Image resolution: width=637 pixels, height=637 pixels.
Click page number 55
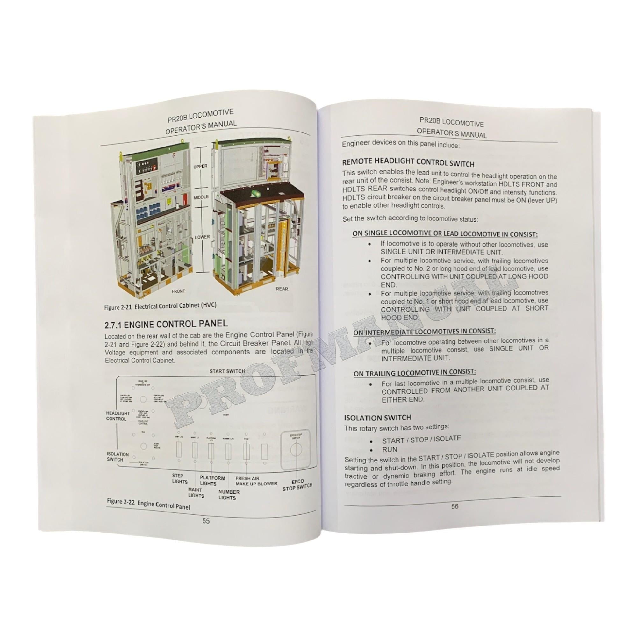coord(206,521)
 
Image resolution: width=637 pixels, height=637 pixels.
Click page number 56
coord(455,506)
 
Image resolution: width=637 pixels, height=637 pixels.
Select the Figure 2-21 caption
coord(160,306)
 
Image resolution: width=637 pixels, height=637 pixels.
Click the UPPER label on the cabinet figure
coord(200,167)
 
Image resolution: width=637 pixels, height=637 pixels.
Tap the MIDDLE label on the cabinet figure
coord(201,197)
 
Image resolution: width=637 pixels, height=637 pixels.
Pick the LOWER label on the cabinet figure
coord(202,237)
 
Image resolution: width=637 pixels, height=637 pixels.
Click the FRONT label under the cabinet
coord(178,291)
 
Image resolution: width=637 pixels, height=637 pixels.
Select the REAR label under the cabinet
coord(282,289)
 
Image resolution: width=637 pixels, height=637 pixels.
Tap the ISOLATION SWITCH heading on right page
coord(377,418)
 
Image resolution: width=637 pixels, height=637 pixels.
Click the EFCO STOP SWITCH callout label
coord(297,485)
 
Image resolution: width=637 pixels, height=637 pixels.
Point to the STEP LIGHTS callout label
coord(180,479)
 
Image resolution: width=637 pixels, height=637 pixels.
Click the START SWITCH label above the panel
coord(227,371)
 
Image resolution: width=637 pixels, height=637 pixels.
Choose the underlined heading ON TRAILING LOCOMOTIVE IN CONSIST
coord(414,372)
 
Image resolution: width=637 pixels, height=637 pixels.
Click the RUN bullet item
coord(390,449)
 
